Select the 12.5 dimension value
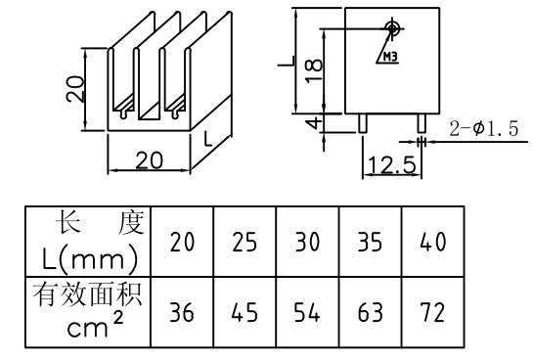(x=390, y=164)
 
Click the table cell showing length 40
(x=431, y=242)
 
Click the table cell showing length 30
(x=308, y=242)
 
